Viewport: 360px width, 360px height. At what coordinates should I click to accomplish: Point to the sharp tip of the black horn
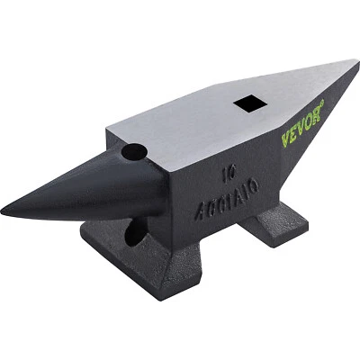tap(4, 213)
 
